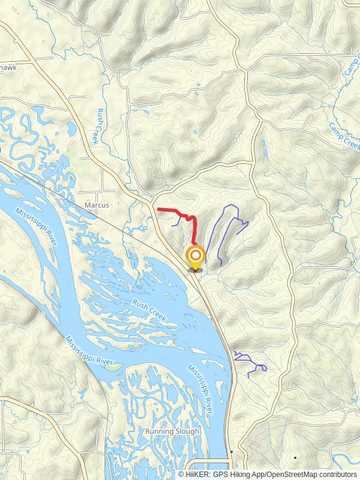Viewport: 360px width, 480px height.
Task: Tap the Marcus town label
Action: (x=97, y=205)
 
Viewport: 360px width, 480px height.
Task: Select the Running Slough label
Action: (x=170, y=431)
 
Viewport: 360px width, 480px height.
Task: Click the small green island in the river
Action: (x=109, y=367)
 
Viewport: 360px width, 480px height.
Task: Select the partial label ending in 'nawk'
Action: (x=8, y=68)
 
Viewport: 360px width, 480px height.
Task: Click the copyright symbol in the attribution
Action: (x=182, y=474)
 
